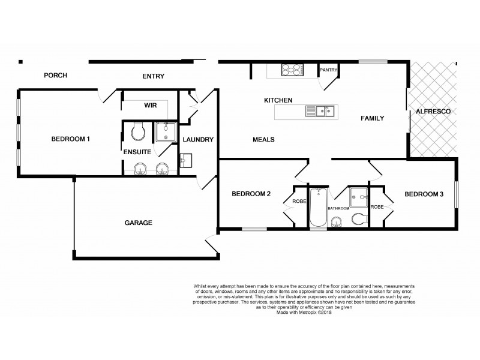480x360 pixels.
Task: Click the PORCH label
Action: pyautogui.click(x=55, y=76)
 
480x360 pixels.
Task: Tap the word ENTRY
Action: pyautogui.click(x=153, y=76)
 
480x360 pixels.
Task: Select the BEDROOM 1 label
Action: pyautogui.click(x=70, y=139)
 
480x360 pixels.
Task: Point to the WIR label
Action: pyautogui.click(x=150, y=105)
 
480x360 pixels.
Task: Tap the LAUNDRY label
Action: pyautogui.click(x=198, y=140)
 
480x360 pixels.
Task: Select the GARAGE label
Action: pyautogui.click(x=138, y=223)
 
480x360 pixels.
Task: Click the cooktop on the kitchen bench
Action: pyautogui.click(x=292, y=70)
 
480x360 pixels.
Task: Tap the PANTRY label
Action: pyautogui.click(x=329, y=70)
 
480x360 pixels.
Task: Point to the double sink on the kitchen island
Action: pyautogui.click(x=320, y=111)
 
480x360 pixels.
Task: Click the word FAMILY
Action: pyautogui.click(x=372, y=118)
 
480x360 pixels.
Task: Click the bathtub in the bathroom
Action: pyautogui.click(x=318, y=208)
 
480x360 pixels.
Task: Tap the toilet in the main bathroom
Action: pyautogui.click(x=358, y=218)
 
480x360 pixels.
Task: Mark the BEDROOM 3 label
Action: pyautogui.click(x=424, y=194)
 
